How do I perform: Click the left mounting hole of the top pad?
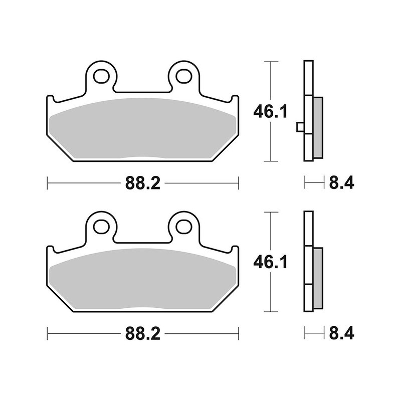coord(103,76)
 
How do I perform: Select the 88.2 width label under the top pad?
coord(142,183)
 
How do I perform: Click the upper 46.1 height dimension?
coord(271,112)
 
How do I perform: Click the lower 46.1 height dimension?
coord(271,262)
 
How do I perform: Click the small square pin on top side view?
coord(300,127)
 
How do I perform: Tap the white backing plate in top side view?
coord(308,80)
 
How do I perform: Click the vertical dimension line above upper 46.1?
coord(271,80)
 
